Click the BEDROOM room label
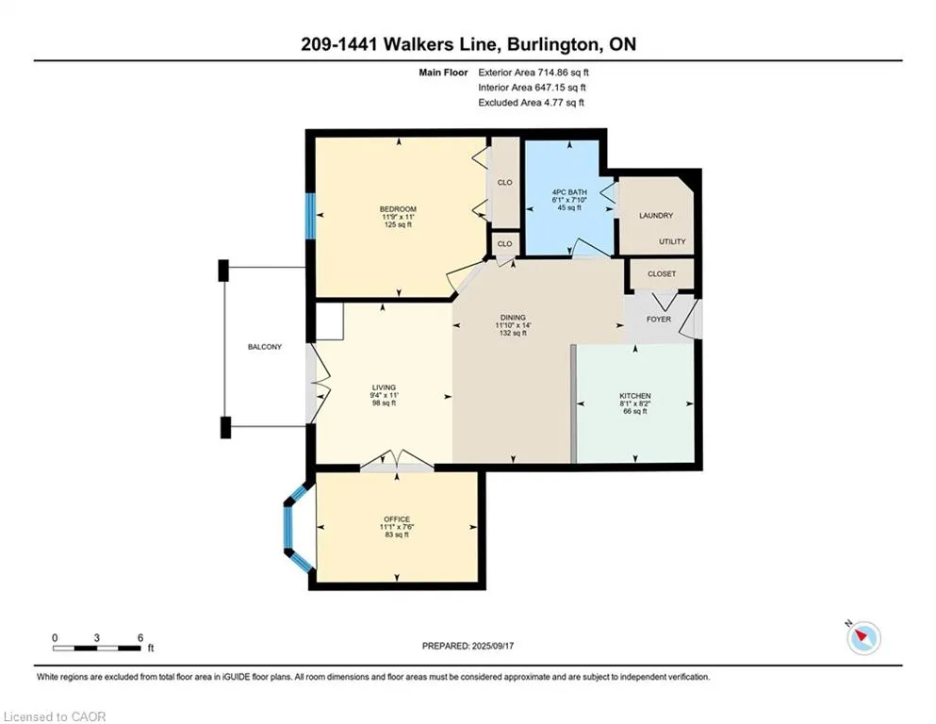(398, 209)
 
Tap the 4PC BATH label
(569, 192)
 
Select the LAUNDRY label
(656, 216)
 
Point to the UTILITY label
(672, 241)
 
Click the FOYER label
(659, 320)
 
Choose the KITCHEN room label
(635, 396)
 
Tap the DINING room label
(513, 318)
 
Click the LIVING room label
(384, 387)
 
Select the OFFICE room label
(397, 519)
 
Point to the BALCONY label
(265, 347)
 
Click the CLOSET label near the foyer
(662, 274)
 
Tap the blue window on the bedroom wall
(310, 216)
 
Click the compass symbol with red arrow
(863, 637)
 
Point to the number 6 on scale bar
(140, 637)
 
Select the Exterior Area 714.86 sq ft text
(534, 73)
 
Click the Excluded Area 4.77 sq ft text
(532, 102)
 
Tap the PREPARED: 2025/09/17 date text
(468, 646)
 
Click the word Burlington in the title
(552, 44)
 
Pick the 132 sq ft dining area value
(513, 333)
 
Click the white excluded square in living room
(329, 322)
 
